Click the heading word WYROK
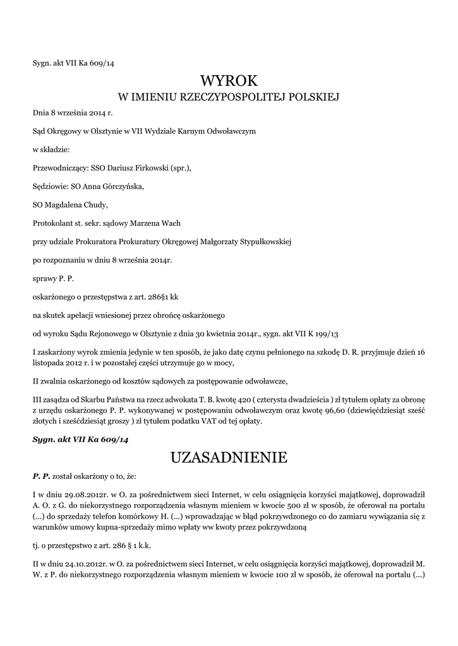tap(229, 81)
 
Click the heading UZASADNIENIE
tap(229, 457)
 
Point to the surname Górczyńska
tap(119, 186)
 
